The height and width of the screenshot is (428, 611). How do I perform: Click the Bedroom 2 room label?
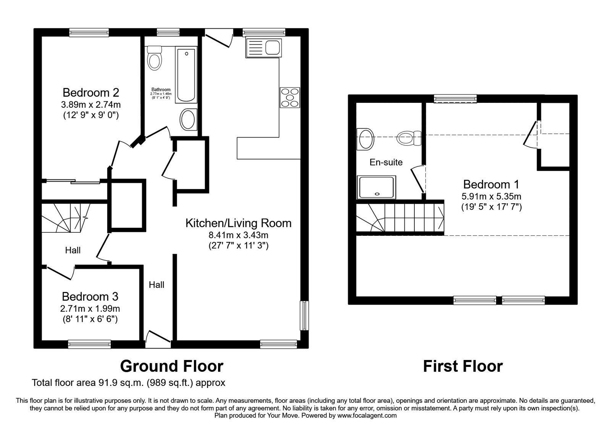pos(91,92)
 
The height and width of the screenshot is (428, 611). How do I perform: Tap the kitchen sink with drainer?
pos(263,48)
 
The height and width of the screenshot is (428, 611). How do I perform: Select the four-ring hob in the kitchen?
pos(290,97)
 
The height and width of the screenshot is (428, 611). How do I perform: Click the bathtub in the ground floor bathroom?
pos(186,75)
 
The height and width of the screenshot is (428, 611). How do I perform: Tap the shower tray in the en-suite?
pos(376,187)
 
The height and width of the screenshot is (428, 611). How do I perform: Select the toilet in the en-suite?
pos(408,138)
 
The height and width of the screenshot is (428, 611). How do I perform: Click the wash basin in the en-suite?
pos(365,138)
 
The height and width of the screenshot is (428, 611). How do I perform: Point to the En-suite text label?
pos(386,162)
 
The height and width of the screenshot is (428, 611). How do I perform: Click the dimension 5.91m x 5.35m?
pos(491,197)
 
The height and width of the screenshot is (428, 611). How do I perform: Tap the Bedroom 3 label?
pos(90,297)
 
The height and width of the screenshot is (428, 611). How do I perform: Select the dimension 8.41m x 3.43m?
pos(238,235)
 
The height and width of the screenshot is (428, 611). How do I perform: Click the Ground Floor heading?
pos(171,366)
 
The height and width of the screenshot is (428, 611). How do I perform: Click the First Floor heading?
pos(462,366)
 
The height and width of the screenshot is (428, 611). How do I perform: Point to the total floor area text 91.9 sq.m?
pos(128,383)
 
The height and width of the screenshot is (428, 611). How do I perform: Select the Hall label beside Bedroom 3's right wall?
pos(157,285)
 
